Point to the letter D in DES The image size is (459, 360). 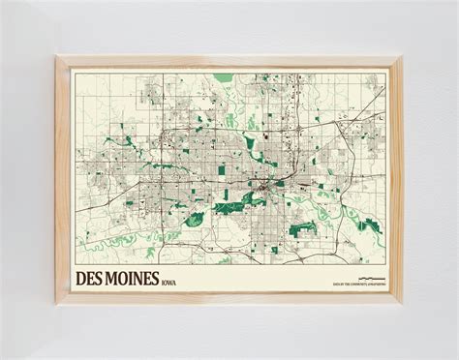click(81, 278)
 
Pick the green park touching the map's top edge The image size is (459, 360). click(224, 76)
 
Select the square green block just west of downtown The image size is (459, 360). click(221, 169)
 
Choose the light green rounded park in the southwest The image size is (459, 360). click(194, 220)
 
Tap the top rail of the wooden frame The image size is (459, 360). click(229, 61)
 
